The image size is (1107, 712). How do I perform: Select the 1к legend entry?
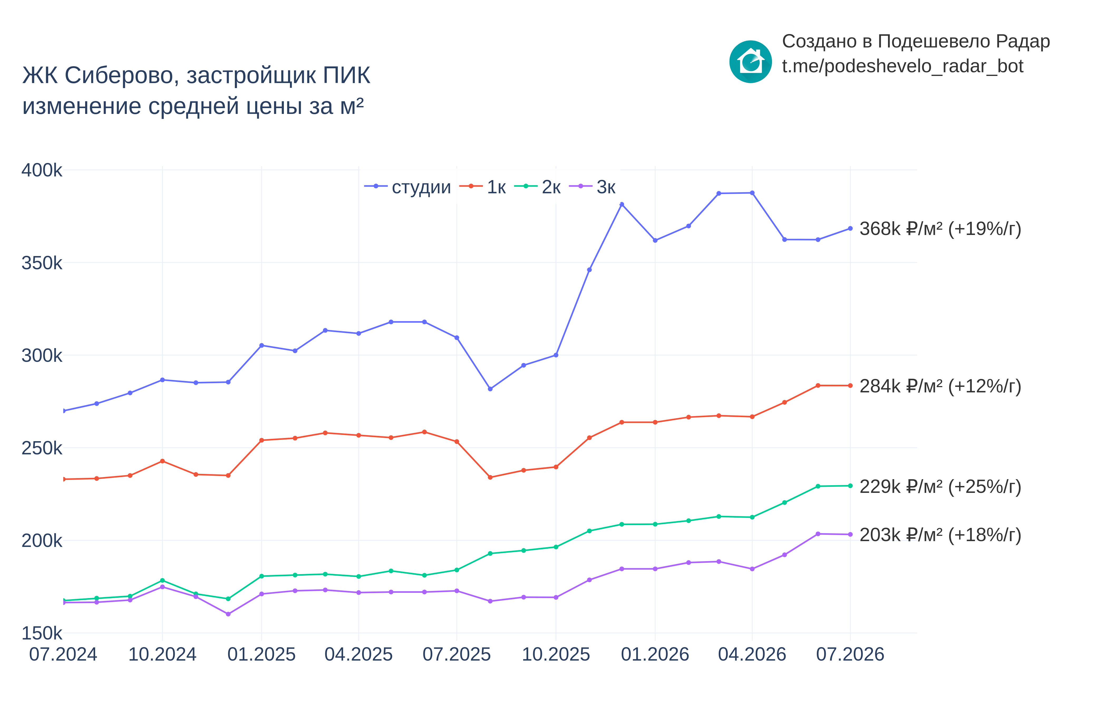click(x=483, y=187)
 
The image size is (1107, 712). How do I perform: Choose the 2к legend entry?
click(x=537, y=187)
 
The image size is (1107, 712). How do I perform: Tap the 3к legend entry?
click(x=592, y=187)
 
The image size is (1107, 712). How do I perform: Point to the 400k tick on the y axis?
click(x=42, y=170)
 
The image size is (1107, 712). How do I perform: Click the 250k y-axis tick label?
click(x=42, y=448)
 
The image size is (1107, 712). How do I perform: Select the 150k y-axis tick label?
click(x=42, y=633)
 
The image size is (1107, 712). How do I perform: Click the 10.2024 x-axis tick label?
click(x=162, y=654)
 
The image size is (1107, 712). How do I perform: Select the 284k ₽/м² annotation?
click(x=940, y=386)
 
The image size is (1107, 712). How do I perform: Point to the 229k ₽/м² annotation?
click(x=940, y=486)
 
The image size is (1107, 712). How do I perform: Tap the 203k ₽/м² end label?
click(x=940, y=535)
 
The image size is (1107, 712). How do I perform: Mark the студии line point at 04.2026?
click(x=752, y=193)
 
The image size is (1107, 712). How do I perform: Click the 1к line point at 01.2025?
click(x=261, y=440)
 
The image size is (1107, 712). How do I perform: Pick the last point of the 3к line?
click(x=850, y=535)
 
